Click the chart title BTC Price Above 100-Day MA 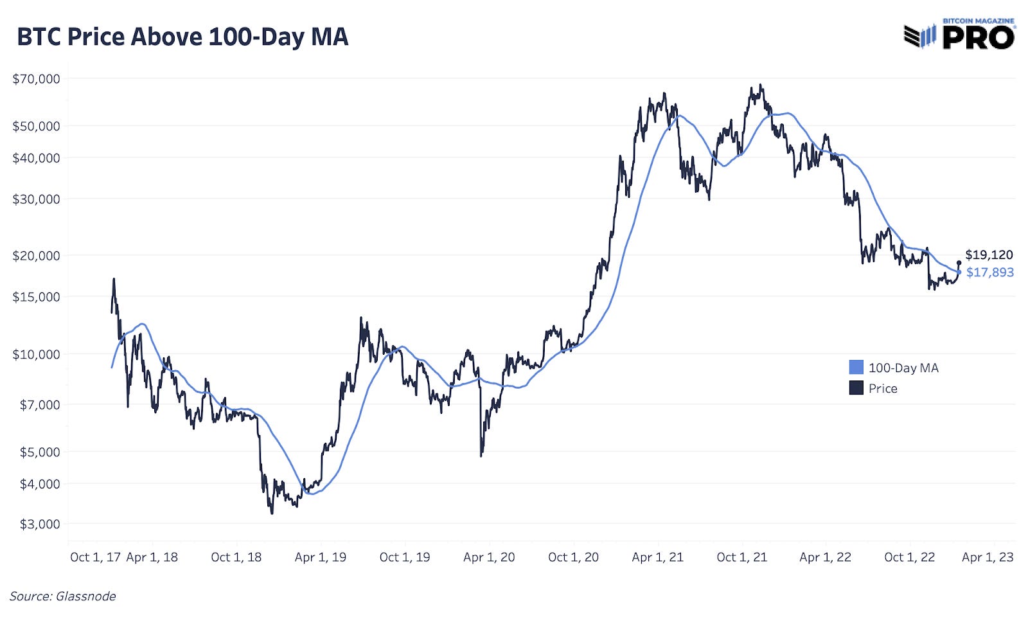[x=182, y=37]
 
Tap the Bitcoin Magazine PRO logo [x=959, y=35]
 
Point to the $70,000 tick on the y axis [x=36, y=79]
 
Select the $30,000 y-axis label [x=36, y=199]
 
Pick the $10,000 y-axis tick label [x=36, y=354]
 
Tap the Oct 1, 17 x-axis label [x=95, y=557]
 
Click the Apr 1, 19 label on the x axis [x=320, y=557]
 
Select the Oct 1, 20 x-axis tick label [x=573, y=557]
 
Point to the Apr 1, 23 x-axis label [x=988, y=557]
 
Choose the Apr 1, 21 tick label [x=657, y=557]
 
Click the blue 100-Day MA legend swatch [x=856, y=368]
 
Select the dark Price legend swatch [x=856, y=388]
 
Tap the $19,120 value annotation [x=989, y=255]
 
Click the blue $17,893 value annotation [x=989, y=273]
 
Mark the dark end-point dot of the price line [x=959, y=262]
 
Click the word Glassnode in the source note [x=86, y=596]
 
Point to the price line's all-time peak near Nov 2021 [x=761, y=85]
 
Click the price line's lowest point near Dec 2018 [x=272, y=513]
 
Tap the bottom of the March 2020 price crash [x=481, y=456]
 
